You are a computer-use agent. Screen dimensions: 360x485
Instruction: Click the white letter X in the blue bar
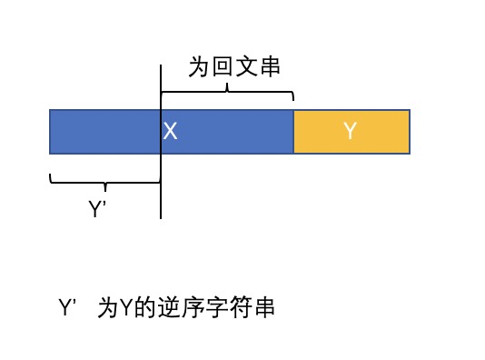(x=170, y=131)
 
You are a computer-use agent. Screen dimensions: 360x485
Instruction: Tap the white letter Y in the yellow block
(x=351, y=131)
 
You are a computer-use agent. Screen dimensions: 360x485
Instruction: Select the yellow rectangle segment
(x=352, y=131)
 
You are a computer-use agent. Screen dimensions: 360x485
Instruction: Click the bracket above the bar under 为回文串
(x=227, y=93)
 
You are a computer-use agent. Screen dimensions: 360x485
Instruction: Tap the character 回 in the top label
(x=223, y=67)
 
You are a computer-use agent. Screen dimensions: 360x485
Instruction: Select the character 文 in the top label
(x=246, y=67)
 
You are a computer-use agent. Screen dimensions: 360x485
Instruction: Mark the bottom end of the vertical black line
(x=161, y=218)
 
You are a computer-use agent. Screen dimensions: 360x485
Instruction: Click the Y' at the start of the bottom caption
(x=67, y=308)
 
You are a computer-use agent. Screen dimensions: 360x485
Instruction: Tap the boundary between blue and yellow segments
(x=293, y=131)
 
